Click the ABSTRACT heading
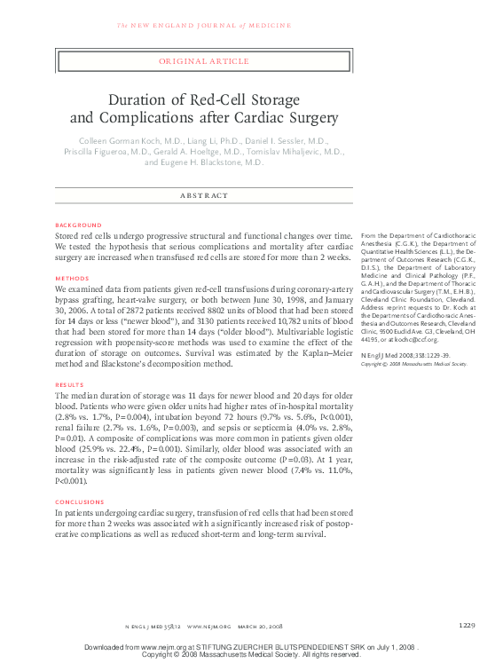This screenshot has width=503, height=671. pos(204,195)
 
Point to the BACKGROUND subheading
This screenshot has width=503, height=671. pos(78,225)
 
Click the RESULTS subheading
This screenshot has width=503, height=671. pos(71,384)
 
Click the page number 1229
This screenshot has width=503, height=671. pos(468,626)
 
